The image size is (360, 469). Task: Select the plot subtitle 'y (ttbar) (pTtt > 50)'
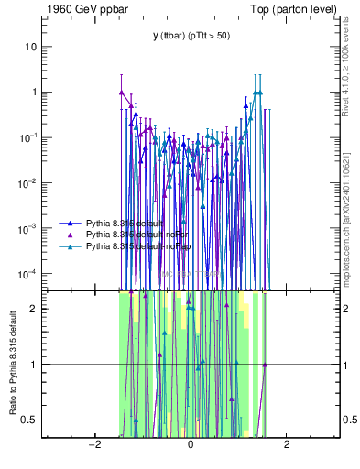[x=191, y=36]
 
